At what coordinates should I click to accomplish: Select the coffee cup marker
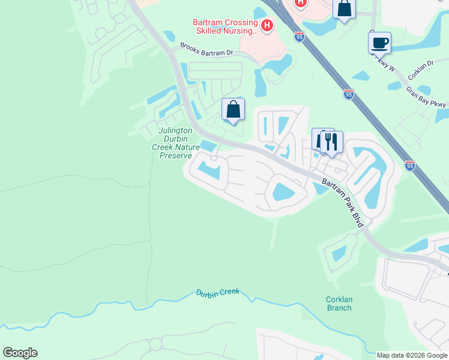tap(379, 43)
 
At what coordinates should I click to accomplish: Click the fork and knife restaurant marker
tap(331, 142)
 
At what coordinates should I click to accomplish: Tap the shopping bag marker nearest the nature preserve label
tap(234, 110)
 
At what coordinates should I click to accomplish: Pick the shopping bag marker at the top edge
tap(345, 9)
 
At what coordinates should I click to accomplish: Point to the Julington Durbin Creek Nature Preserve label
tap(175, 143)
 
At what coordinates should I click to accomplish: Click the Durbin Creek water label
tap(217, 292)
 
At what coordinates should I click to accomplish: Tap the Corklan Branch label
tap(339, 304)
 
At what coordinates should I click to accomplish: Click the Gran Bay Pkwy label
tap(426, 97)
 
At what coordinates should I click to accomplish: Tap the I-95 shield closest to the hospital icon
tap(300, 37)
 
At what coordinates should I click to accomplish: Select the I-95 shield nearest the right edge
tap(410, 166)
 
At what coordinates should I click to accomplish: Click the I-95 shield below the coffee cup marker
tap(349, 94)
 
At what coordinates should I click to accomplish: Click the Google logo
tap(20, 353)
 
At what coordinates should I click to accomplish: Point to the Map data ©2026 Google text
tap(412, 355)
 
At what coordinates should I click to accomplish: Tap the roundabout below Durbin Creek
tap(155, 344)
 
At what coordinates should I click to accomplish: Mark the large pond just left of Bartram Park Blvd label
tap(283, 192)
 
